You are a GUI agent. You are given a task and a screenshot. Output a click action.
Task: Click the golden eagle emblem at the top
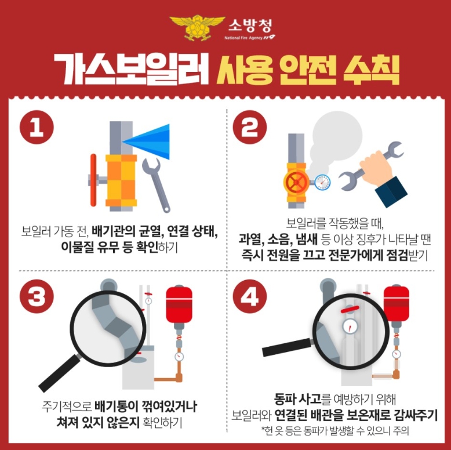click(x=197, y=28)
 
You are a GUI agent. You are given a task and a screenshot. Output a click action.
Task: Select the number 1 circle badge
click(x=37, y=127)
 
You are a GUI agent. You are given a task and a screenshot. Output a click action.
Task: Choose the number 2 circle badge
click(x=250, y=127)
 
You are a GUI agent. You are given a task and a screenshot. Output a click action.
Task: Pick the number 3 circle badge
click(x=37, y=296)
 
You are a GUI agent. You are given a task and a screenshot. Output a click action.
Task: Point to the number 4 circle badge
click(x=250, y=296)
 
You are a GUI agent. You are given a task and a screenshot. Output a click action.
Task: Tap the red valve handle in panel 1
click(x=93, y=180)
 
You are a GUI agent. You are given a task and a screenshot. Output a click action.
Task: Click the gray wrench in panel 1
click(x=156, y=185)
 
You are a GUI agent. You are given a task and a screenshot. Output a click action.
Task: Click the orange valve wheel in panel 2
click(x=297, y=182)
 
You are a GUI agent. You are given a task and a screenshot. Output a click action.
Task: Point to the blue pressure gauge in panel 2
click(x=322, y=182)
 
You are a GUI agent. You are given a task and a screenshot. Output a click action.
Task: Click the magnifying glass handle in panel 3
click(x=60, y=373)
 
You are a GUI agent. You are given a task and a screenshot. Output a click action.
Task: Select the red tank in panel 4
click(x=397, y=303)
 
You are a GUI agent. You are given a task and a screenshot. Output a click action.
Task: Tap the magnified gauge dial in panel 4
click(x=350, y=326)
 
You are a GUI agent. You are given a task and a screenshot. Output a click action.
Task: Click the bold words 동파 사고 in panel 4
click(x=297, y=398)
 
